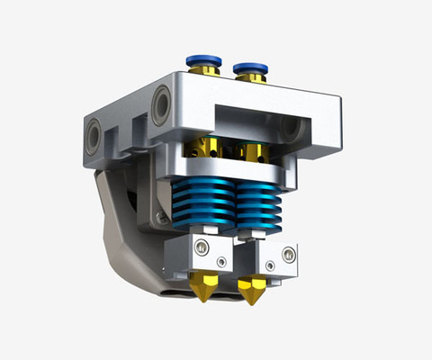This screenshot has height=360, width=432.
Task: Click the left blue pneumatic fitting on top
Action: click(204, 61)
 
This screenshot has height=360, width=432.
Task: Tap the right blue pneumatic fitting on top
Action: click(249, 67)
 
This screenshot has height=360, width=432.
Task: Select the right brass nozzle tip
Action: click(250, 292)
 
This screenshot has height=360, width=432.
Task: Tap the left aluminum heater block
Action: click(208, 253)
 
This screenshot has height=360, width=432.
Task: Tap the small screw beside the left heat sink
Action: click(162, 216)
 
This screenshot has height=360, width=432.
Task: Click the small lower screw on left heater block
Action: click(222, 263)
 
